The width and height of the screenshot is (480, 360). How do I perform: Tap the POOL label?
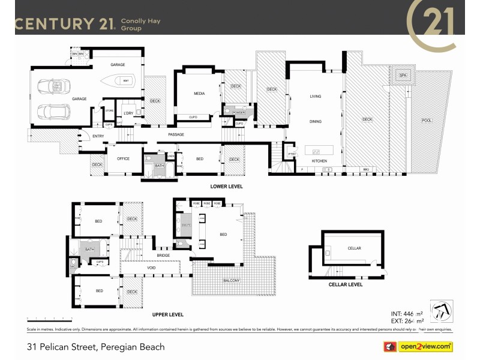pyautogui.click(x=427, y=121)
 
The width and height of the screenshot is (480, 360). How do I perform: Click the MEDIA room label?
pyautogui.click(x=199, y=94)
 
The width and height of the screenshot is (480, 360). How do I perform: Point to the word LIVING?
pyautogui.click(x=316, y=97)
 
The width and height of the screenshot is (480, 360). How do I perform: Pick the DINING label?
pyautogui.click(x=316, y=122)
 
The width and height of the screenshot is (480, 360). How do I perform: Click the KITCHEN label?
pyautogui.click(x=318, y=161)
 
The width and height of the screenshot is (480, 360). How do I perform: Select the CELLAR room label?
pyautogui.click(x=354, y=248)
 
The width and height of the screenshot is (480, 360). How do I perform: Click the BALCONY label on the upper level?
pyautogui.click(x=232, y=281)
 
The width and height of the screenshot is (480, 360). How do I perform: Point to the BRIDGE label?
pyautogui.click(x=163, y=255)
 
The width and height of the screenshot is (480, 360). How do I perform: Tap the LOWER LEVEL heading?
pyautogui.click(x=226, y=187)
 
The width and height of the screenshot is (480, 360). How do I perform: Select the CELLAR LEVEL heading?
pyautogui.click(x=346, y=284)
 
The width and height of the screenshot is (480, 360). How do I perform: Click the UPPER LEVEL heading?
pyautogui.click(x=167, y=314)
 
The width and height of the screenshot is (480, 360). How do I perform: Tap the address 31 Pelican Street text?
pyautogui.click(x=96, y=347)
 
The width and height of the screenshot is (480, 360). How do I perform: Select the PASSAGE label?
pyautogui.click(x=176, y=134)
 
